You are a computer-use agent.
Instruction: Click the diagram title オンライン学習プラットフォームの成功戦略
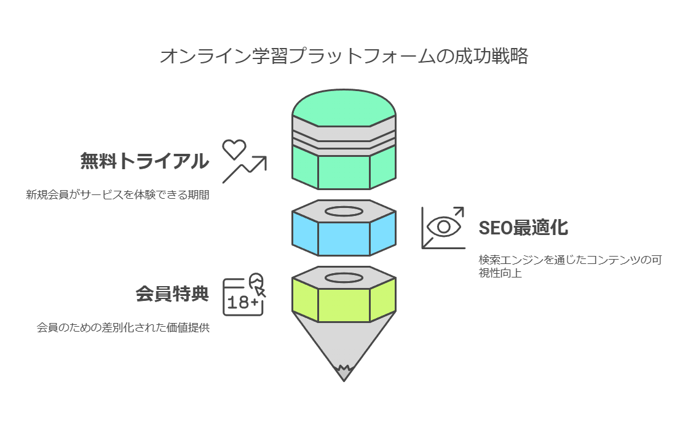point(344,57)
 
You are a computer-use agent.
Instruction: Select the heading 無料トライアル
point(144,161)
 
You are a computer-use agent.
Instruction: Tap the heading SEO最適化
point(523,228)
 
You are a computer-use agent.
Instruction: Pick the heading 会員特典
point(172,294)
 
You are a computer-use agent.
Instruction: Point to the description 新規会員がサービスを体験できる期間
point(117,196)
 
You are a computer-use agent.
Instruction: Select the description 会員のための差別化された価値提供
point(124,328)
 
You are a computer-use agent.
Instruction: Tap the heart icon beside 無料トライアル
point(234,148)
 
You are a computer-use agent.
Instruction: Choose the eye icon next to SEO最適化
point(444,226)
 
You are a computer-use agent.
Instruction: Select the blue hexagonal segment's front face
point(344,239)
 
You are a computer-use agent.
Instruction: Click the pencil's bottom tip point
point(344,378)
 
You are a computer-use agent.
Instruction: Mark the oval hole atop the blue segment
point(344,212)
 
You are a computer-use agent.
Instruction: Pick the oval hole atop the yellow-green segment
point(344,277)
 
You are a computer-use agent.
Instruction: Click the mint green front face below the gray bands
point(344,172)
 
